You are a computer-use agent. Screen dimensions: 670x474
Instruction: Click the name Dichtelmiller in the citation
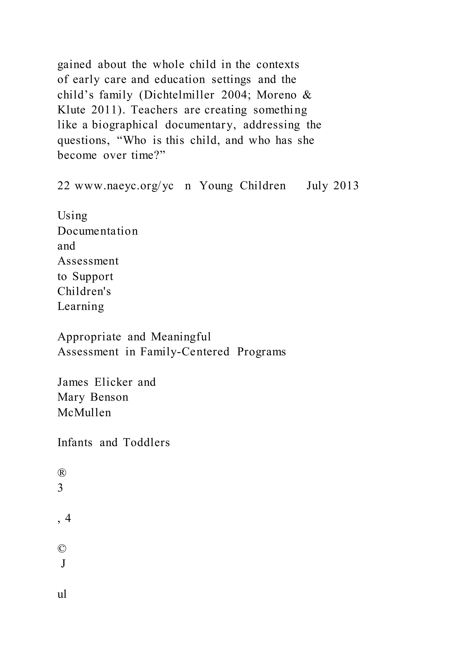click(179, 95)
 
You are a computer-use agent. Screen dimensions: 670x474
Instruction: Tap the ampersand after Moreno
click(307, 95)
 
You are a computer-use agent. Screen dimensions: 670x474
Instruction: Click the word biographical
click(125, 125)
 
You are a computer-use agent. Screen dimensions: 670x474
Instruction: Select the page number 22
click(63, 186)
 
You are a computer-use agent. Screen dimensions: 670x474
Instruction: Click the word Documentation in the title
click(97, 231)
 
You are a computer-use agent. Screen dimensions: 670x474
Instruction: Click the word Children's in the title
click(84, 292)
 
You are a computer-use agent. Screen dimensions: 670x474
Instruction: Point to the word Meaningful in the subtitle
click(181, 337)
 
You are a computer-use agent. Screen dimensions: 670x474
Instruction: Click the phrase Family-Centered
click(185, 352)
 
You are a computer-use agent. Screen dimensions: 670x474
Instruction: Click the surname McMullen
click(84, 413)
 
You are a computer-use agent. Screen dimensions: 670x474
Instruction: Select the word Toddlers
click(146, 443)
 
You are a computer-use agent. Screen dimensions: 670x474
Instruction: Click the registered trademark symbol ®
click(62, 473)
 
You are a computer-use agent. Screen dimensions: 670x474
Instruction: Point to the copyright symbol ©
click(62, 549)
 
